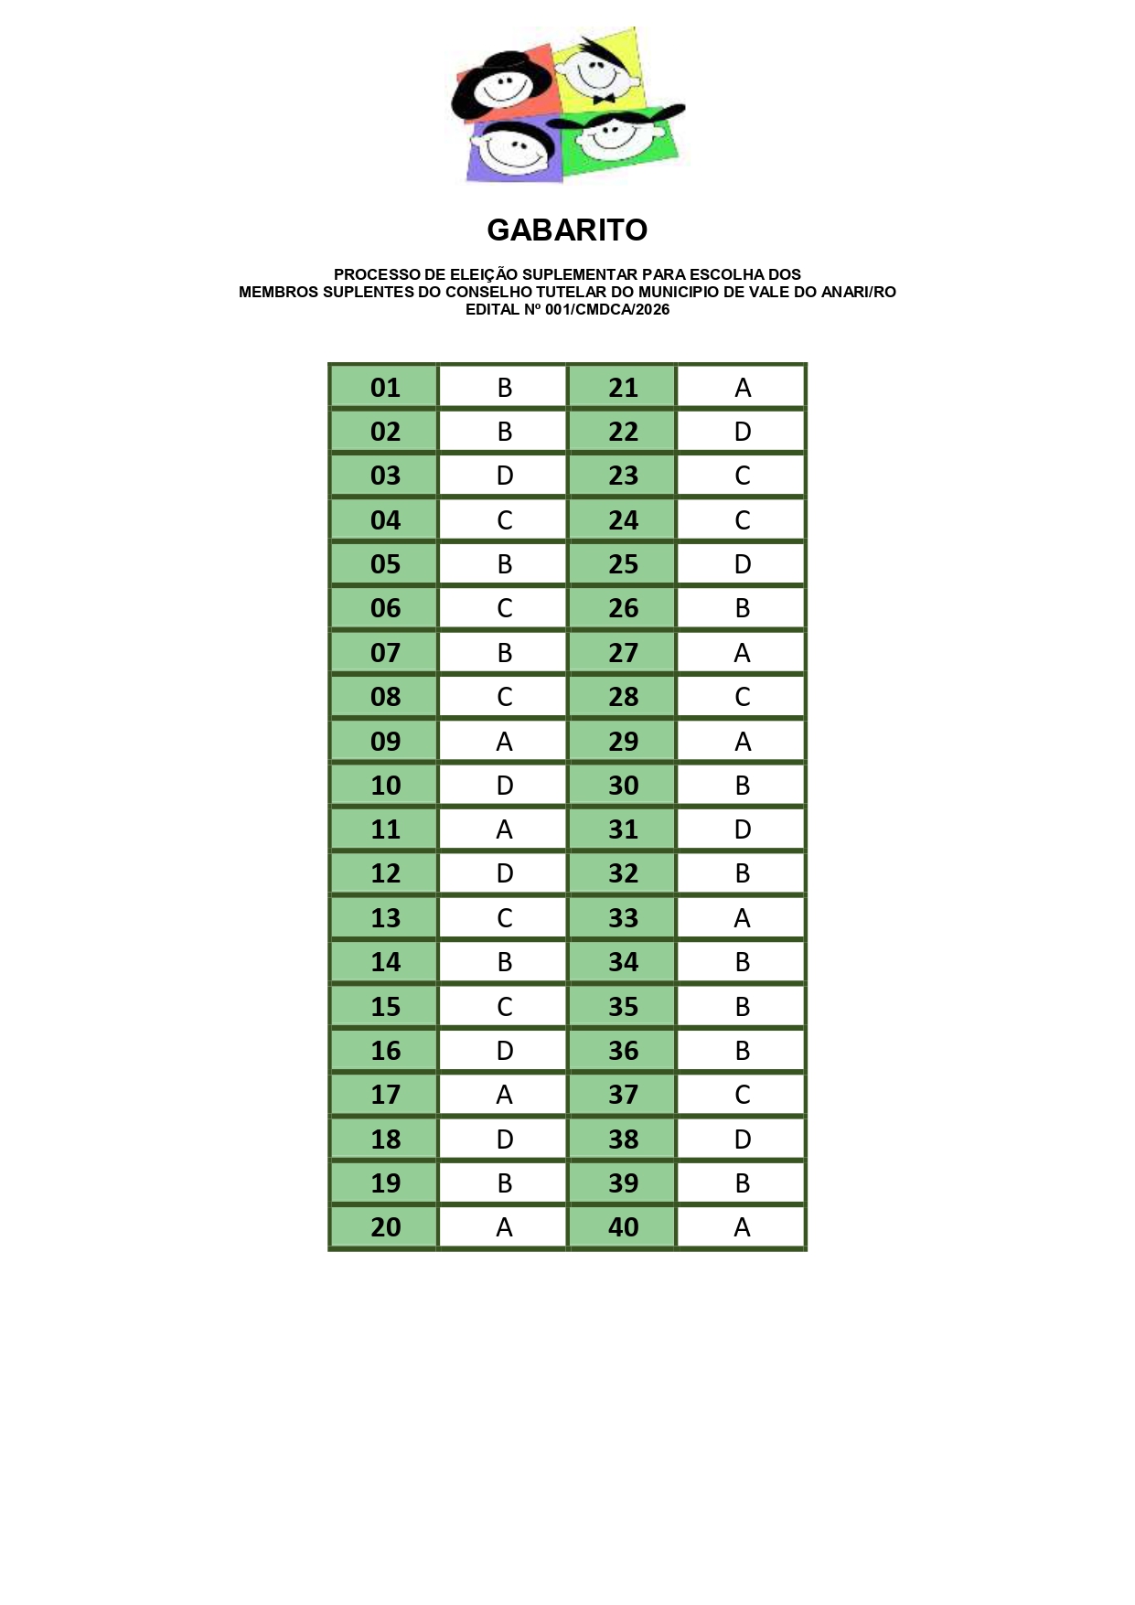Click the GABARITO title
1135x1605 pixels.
567,230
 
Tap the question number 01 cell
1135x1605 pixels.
385,388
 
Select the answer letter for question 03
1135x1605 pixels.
505,476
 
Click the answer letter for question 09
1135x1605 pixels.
504,742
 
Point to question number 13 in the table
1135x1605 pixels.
385,918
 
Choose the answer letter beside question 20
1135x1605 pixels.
504,1227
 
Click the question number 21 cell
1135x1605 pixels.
623,388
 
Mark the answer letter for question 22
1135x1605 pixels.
743,432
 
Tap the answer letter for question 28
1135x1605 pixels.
743,697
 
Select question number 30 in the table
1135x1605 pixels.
623,786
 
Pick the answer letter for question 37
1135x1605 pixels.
743,1095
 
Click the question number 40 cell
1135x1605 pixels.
623,1227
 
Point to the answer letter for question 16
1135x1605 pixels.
505,1051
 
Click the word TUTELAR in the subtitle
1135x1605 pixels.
573,292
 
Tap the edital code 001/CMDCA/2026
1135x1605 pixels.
607,309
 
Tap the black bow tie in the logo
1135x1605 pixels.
604,99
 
